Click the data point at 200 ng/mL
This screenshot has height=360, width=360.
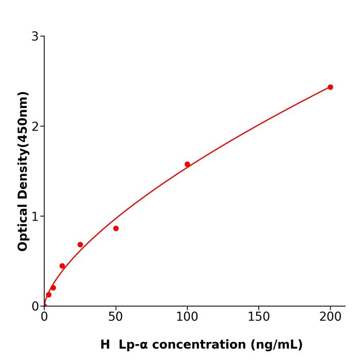(x=330, y=87)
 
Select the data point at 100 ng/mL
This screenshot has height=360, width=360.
(x=187, y=164)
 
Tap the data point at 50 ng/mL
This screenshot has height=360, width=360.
(x=116, y=228)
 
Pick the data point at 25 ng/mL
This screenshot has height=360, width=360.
(x=80, y=245)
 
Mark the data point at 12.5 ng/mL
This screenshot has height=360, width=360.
(x=62, y=266)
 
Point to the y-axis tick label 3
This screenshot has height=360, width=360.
(x=35, y=37)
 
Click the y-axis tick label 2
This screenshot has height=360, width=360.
(x=35, y=127)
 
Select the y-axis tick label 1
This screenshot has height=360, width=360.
(x=35, y=217)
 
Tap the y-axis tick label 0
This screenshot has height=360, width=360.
(x=35, y=307)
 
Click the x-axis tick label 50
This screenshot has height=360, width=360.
(x=116, y=317)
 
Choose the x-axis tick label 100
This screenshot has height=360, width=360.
(x=187, y=317)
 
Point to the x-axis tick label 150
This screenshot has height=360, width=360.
(x=259, y=317)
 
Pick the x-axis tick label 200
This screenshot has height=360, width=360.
(x=330, y=317)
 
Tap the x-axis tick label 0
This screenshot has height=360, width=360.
(x=44, y=317)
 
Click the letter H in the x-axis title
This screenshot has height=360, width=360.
(x=105, y=345)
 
